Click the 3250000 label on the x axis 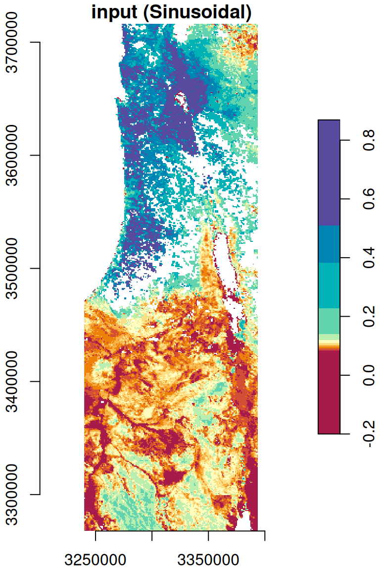tap(95, 560)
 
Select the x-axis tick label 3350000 tap(208, 560)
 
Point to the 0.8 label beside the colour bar tap(368, 140)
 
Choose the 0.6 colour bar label tap(368, 199)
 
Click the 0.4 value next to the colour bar tap(368, 258)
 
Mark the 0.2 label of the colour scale tap(368, 316)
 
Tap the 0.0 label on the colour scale tap(368, 375)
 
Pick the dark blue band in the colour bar tap(329, 244)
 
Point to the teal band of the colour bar tap(329, 285)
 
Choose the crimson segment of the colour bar tap(329, 392)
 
